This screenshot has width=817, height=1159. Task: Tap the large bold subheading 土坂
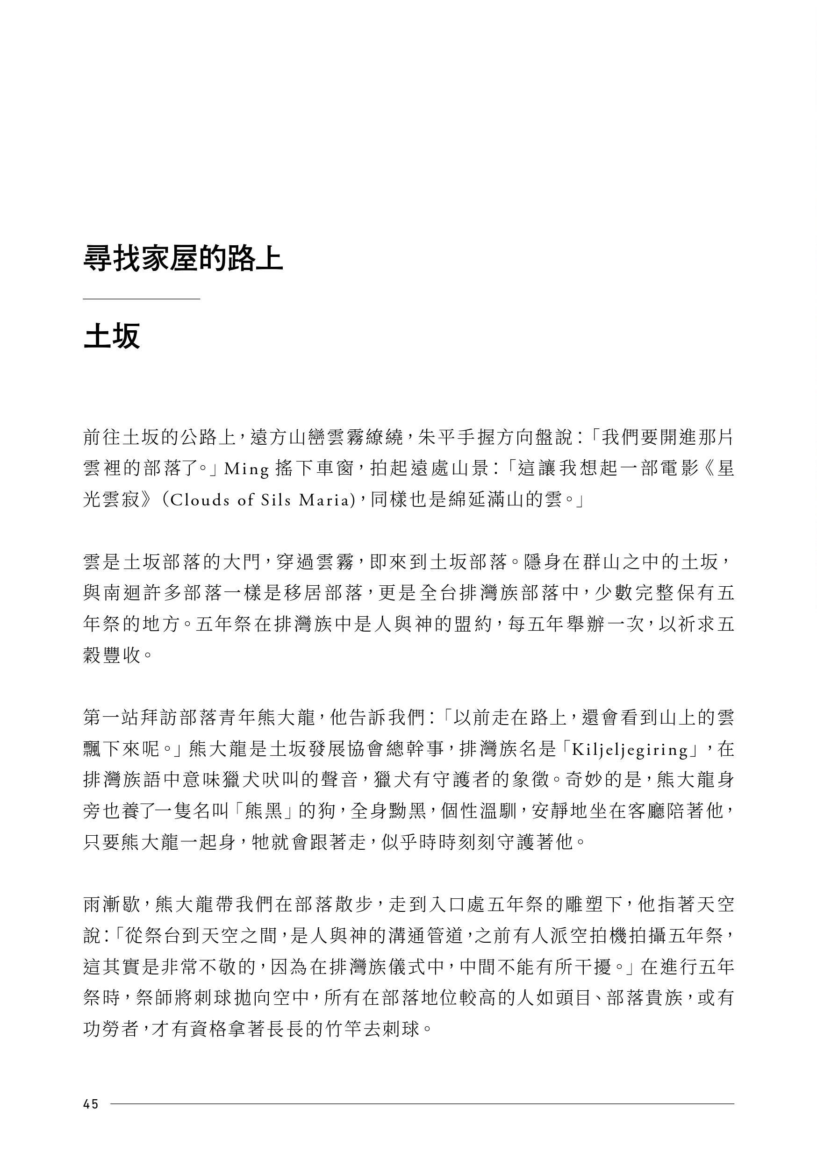(111, 336)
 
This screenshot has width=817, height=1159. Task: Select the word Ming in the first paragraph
(247, 469)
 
